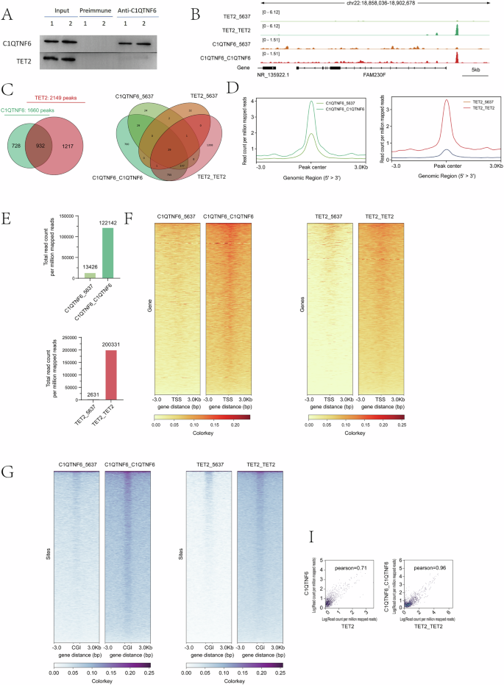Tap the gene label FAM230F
coord(363,74)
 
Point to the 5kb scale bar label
coord(472,74)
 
